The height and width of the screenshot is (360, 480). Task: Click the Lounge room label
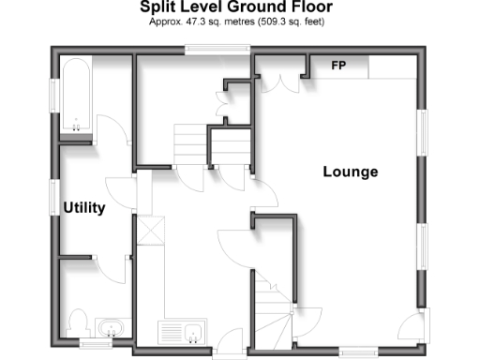click(x=350, y=172)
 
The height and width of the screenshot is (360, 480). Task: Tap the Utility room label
click(x=83, y=207)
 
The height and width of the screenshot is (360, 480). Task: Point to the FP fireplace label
click(x=338, y=66)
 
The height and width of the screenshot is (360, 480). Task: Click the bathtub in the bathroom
click(x=75, y=94)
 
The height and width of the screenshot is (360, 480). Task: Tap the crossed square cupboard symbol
click(x=150, y=230)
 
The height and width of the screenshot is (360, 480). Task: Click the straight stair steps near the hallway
click(x=189, y=144)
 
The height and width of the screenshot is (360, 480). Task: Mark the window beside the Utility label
click(x=54, y=199)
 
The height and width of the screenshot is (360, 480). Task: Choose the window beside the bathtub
click(x=54, y=95)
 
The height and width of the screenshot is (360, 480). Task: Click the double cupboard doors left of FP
click(x=281, y=75)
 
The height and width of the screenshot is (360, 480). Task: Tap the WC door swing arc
click(x=111, y=267)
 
